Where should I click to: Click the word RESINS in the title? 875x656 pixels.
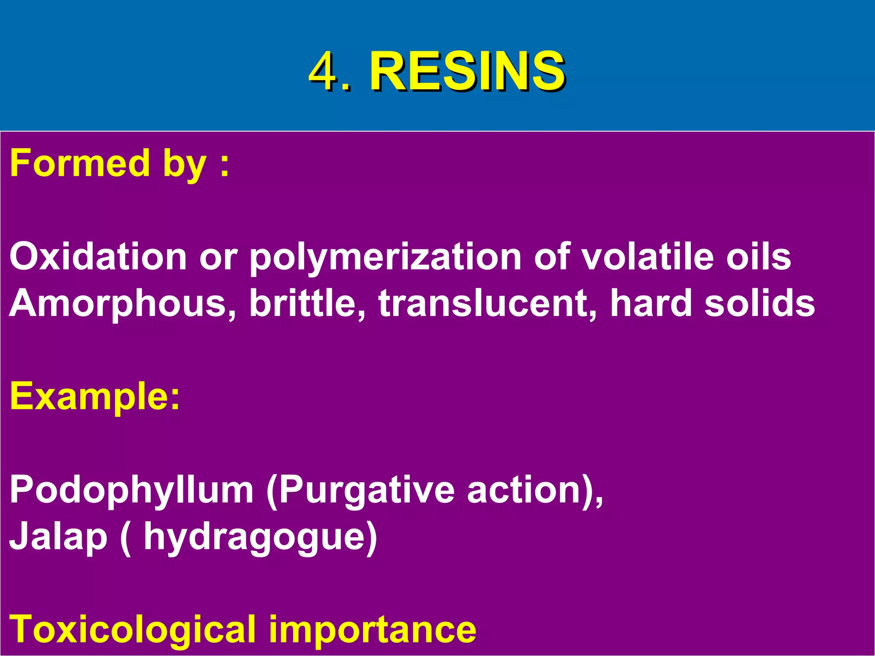click(467, 71)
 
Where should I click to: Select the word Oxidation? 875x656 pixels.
click(98, 256)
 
